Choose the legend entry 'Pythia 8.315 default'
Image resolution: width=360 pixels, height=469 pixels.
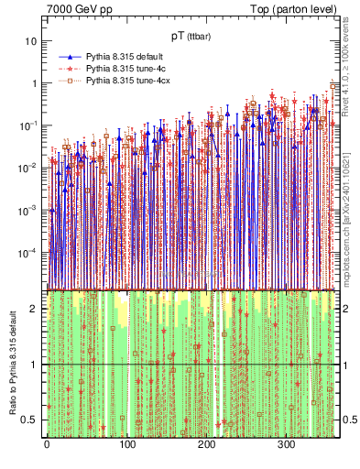click(127, 56)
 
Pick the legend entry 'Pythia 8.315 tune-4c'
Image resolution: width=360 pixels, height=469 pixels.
click(127, 69)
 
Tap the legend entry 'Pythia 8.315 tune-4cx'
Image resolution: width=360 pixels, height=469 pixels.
click(129, 82)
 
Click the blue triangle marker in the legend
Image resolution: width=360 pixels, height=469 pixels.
click(70, 56)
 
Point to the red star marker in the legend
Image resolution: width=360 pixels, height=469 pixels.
click(70, 69)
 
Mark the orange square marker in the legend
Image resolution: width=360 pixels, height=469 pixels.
click(70, 82)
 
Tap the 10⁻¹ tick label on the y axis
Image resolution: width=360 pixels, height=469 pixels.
click(28, 125)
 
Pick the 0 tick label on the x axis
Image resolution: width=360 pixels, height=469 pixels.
click(47, 444)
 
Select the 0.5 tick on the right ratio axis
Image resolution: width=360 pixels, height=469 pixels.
click(347, 420)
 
